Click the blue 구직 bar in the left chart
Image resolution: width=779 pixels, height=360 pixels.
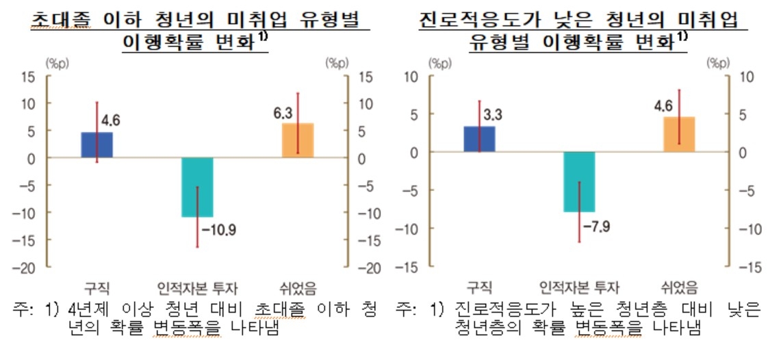[x=97, y=145]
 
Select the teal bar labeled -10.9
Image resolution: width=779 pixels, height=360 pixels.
[x=197, y=187]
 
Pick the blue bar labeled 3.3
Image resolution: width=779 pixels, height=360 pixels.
[x=479, y=139]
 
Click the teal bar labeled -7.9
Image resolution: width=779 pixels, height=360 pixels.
[x=579, y=182]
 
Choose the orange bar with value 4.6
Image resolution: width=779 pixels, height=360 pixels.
[x=679, y=134]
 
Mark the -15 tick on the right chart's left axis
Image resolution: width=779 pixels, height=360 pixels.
[x=408, y=267]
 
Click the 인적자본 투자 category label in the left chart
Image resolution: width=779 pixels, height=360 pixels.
[x=197, y=286]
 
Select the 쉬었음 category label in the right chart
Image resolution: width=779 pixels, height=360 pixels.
[x=679, y=286]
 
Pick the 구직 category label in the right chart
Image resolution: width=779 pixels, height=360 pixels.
[x=479, y=286]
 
